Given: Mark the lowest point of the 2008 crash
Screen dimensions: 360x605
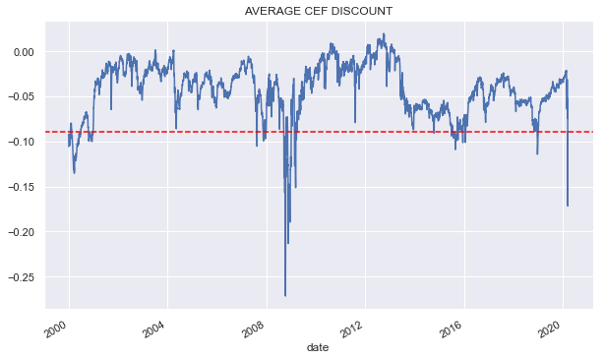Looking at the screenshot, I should tap(285, 295).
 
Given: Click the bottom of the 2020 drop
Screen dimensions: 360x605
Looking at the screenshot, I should tap(568, 206).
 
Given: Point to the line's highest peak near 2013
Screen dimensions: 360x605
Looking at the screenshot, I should tap(383, 34).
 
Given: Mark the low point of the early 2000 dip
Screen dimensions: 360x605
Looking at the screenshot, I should tap(74, 173).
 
